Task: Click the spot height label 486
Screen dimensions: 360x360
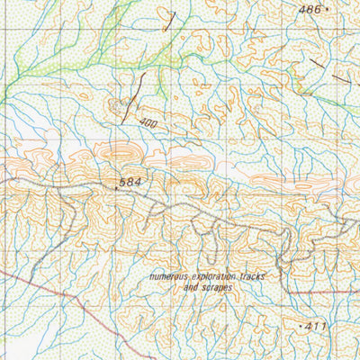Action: [310, 9]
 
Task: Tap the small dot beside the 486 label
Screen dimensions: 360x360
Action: [327, 9]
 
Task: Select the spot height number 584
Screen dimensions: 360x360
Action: [130, 184]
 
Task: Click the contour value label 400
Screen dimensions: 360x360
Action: [148, 121]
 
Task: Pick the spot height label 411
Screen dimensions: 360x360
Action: [315, 322]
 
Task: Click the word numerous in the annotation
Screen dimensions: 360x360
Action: [170, 277]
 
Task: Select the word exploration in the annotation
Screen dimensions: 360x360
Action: [216, 277]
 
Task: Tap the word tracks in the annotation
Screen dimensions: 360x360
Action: [255, 277]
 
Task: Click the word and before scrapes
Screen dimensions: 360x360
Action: [190, 288]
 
